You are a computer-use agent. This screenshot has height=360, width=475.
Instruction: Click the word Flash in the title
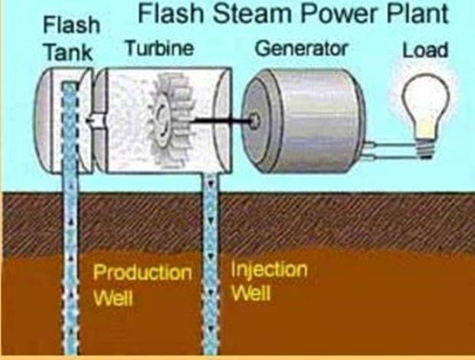(165, 15)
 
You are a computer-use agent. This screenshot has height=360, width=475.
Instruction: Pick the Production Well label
(142, 284)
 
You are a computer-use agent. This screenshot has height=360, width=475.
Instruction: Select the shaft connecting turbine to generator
(218, 119)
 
